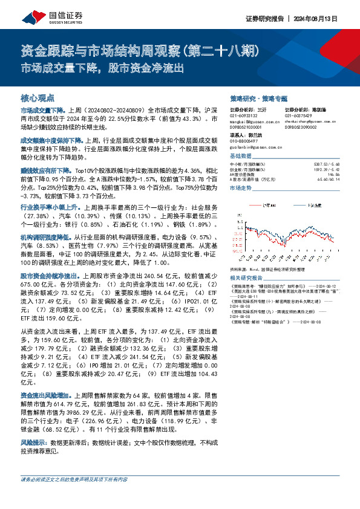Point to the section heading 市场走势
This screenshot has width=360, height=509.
(241, 189)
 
